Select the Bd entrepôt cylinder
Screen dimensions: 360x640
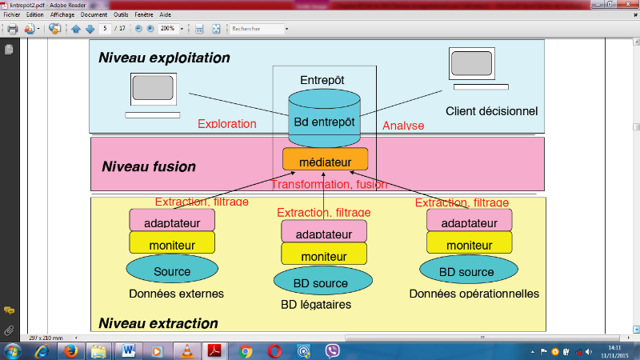[x=325, y=118]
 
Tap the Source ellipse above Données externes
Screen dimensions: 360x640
[x=172, y=270]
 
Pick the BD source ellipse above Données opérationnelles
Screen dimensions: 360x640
[x=467, y=270]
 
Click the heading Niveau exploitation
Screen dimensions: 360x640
[x=164, y=58]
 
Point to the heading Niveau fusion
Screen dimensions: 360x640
[x=148, y=167]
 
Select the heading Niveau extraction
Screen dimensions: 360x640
[x=158, y=323]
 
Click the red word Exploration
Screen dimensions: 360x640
[x=226, y=124]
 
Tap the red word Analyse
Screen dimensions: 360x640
[x=403, y=126]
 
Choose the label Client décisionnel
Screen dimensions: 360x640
[x=491, y=111]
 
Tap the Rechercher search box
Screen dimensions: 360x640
[x=258, y=29]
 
